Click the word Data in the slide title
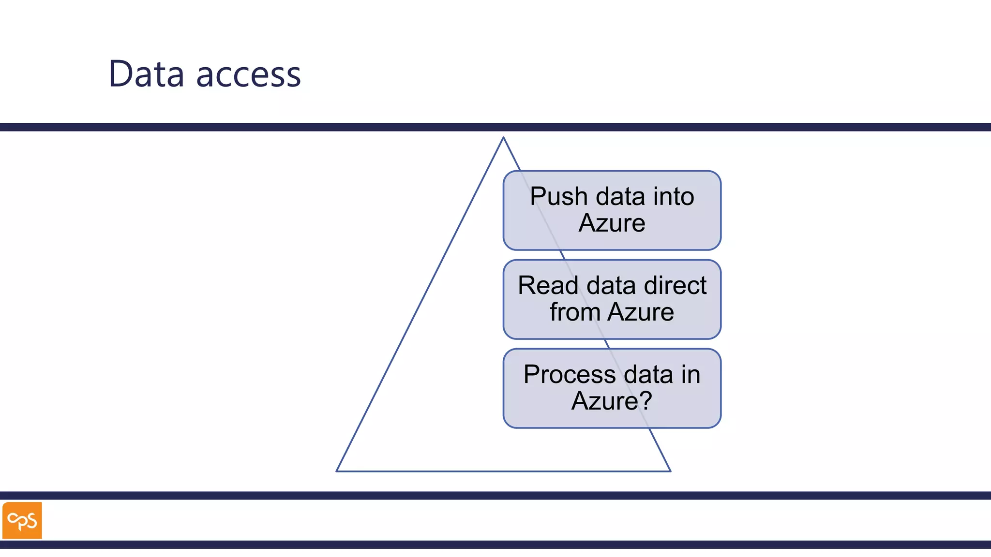pos(146,74)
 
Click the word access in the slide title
pos(248,75)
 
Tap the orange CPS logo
pos(22,520)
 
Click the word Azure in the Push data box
pos(612,223)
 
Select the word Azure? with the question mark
pos(612,401)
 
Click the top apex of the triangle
pos(503,138)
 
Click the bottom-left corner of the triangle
pos(337,470)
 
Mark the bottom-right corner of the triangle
pos(670,470)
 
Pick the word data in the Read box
pos(611,286)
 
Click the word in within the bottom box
pos(691,375)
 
